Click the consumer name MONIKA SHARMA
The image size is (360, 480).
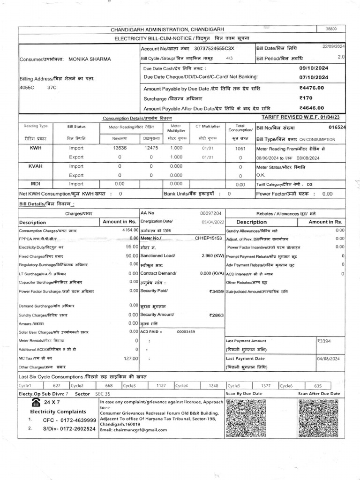tap(90, 60)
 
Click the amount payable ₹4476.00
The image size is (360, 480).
tap(311, 88)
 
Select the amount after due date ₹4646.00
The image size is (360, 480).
tap(311, 108)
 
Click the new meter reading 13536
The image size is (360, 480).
tap(120, 147)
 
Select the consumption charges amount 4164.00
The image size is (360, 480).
tap(129, 231)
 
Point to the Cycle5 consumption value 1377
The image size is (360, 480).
tap(266, 385)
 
